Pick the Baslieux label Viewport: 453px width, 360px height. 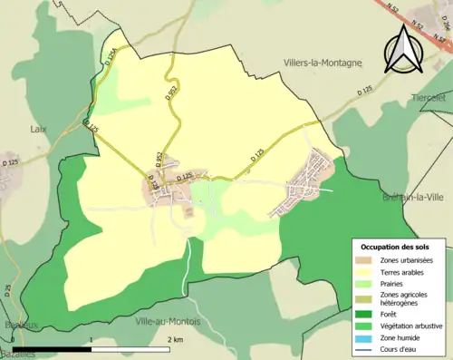(x=19, y=325)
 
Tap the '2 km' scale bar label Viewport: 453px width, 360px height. (x=178, y=339)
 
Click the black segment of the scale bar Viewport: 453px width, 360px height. (x=52, y=348)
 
